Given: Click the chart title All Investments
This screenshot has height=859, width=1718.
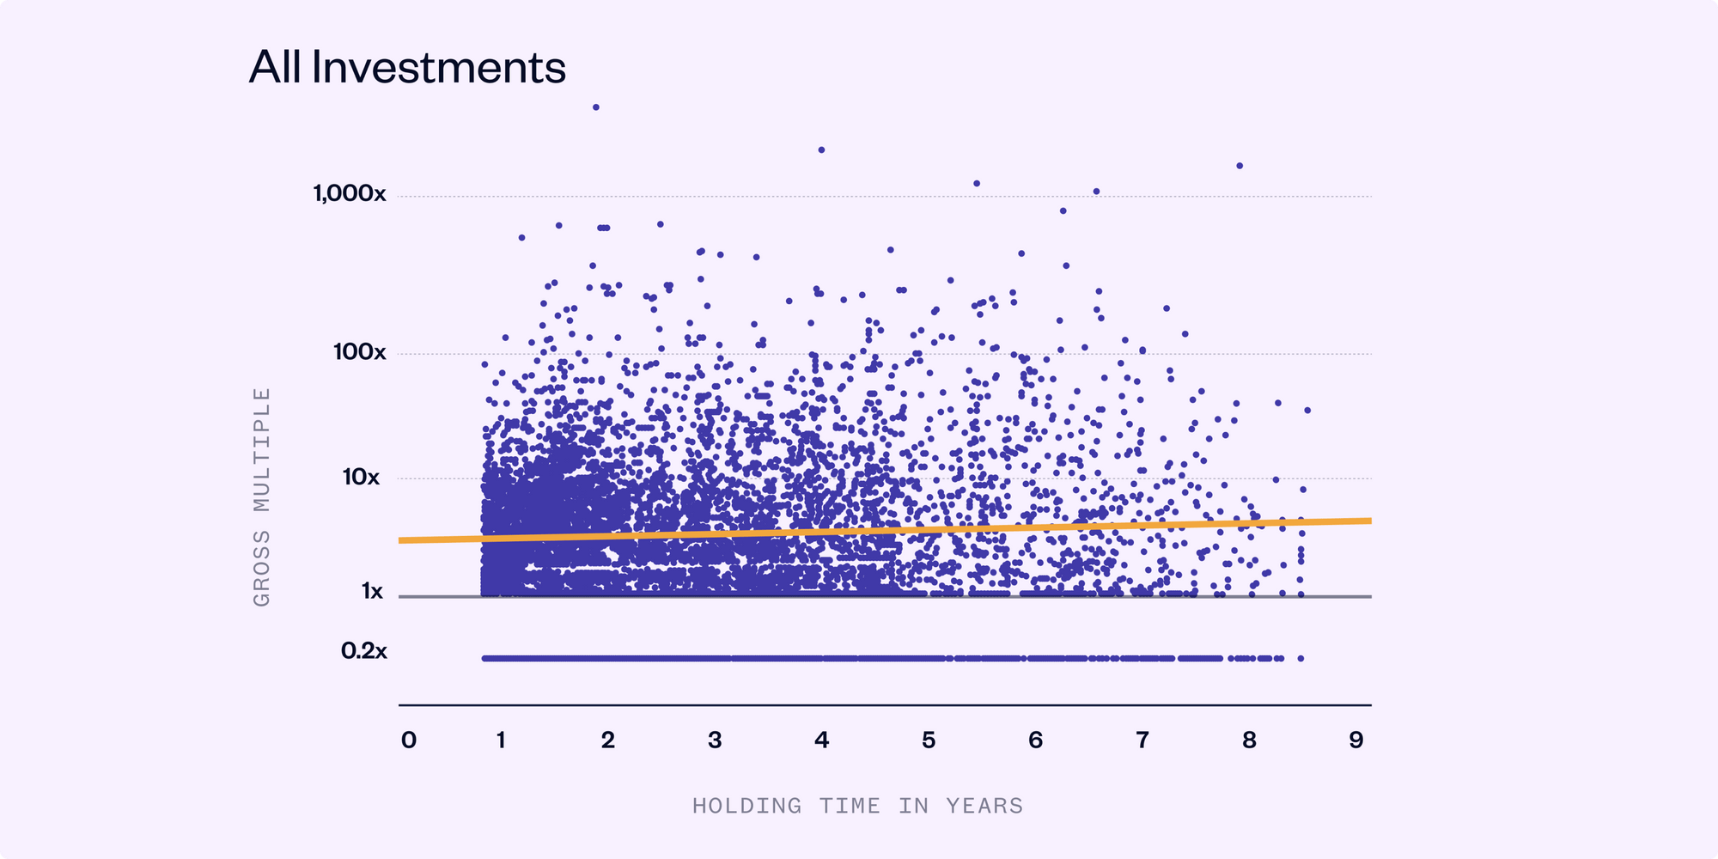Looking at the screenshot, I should coord(407,67).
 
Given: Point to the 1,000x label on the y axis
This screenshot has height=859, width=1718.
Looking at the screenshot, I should coord(350,193).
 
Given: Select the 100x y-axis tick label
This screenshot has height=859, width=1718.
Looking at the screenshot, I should coord(360,352).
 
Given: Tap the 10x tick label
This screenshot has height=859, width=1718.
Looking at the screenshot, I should coord(361,477).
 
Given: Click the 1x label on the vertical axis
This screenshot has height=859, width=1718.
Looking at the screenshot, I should coord(372,591).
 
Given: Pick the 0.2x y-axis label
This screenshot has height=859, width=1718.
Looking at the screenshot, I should coord(364,651).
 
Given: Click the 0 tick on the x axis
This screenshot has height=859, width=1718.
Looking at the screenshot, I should coord(409,740).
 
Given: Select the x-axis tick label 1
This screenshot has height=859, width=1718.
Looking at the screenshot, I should coord(501,740).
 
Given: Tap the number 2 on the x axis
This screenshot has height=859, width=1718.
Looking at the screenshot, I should coord(608,740).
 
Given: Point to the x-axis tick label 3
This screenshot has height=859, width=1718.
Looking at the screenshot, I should coord(715,740).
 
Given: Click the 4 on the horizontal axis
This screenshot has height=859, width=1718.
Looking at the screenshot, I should coord(822,740).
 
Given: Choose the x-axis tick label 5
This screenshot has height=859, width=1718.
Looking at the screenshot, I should coord(929,740).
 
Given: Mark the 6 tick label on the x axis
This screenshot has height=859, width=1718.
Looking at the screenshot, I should coord(1036,740).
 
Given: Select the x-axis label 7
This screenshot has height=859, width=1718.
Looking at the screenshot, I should coord(1142,740).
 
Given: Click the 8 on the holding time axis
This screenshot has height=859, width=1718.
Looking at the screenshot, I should coord(1249,740).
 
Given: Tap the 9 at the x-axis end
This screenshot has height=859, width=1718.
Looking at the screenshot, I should coord(1356,740).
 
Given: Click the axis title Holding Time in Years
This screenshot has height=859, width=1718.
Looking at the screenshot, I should coord(857,806).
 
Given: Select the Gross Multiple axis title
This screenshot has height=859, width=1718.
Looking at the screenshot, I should coord(262,497).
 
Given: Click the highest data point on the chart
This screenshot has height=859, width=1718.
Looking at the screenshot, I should coord(596,107).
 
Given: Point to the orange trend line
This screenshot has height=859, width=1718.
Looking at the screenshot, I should coord(885,530).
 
